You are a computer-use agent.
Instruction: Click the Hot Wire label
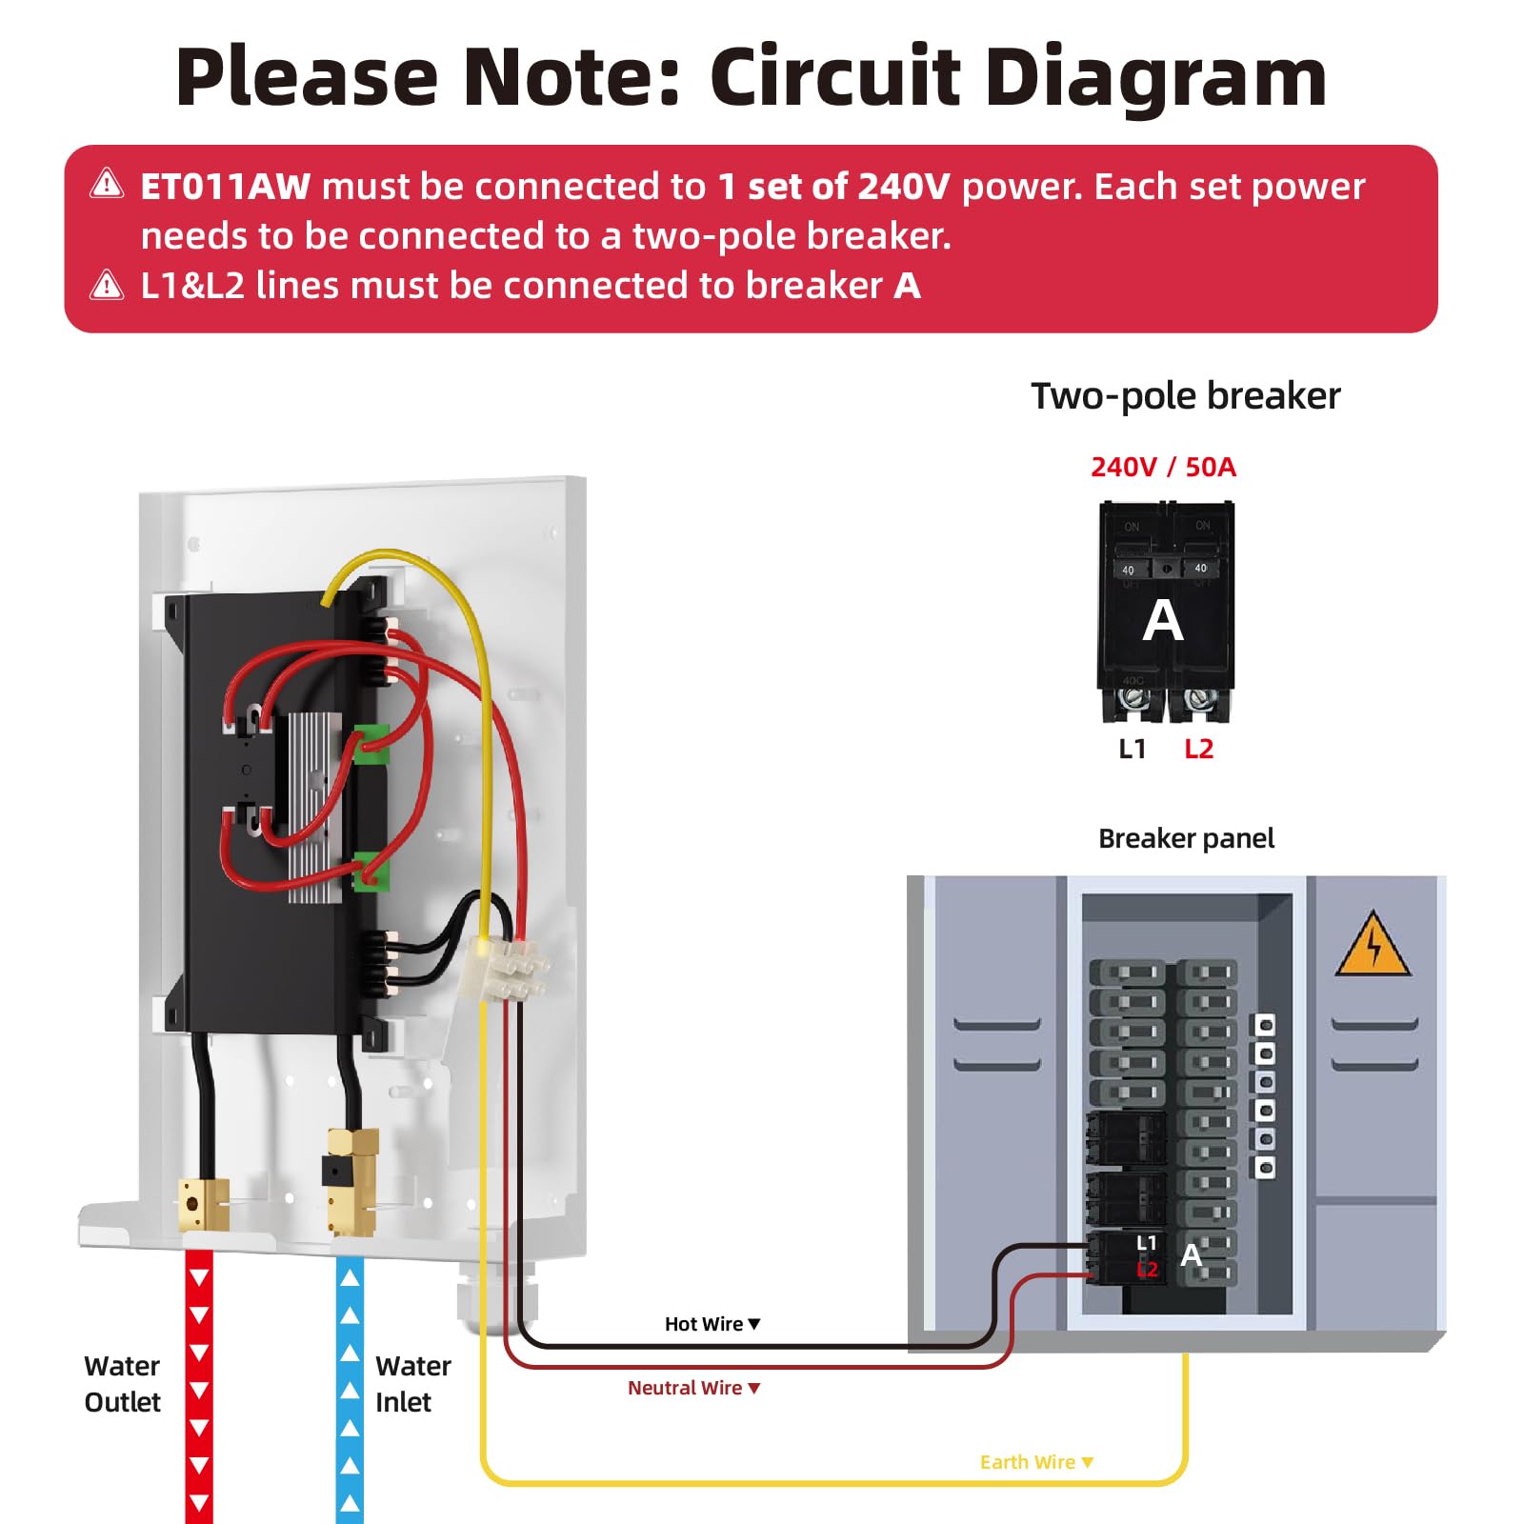704,1324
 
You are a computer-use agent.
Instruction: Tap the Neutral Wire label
685,1388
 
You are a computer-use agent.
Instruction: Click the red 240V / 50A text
1163,467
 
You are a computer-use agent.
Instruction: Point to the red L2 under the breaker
1198,750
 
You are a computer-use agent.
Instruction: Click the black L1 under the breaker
1132,750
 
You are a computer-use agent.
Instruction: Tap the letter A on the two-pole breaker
1163,621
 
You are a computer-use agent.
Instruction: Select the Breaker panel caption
1186,838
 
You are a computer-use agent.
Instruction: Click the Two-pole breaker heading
1186,396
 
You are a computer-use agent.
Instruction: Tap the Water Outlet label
122,1384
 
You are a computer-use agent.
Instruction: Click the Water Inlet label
411,1384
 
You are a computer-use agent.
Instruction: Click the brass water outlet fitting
203,1204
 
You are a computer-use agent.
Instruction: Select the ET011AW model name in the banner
225,187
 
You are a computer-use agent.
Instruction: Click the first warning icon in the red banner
107,184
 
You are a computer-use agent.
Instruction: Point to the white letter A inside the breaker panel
1191,1255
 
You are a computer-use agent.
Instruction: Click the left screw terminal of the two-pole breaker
1132,700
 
